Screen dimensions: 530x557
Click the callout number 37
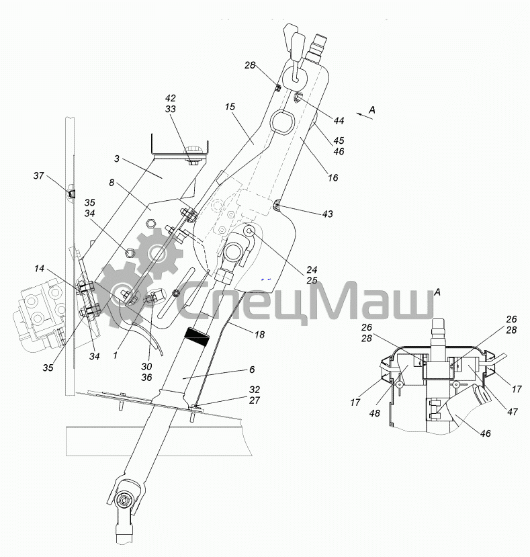coord(39,175)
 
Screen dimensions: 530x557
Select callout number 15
coord(230,107)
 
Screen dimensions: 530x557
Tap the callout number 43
coord(328,214)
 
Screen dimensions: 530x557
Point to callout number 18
coord(260,335)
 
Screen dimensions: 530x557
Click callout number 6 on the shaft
coord(252,370)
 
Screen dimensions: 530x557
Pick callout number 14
coord(40,268)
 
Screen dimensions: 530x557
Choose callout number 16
coord(333,177)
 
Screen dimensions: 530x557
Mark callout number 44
coord(339,121)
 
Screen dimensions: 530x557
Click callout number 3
coord(116,159)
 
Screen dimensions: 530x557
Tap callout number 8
coord(112,183)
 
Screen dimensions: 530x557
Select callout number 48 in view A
coord(375,413)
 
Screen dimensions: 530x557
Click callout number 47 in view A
coord(513,412)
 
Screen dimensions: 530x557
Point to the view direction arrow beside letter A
coord(365,116)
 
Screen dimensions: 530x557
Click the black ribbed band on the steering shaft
coord(196,338)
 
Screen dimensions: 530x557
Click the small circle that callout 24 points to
coord(249,232)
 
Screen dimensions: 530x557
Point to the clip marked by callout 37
coord(71,193)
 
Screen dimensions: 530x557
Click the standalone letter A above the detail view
coord(437,292)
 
